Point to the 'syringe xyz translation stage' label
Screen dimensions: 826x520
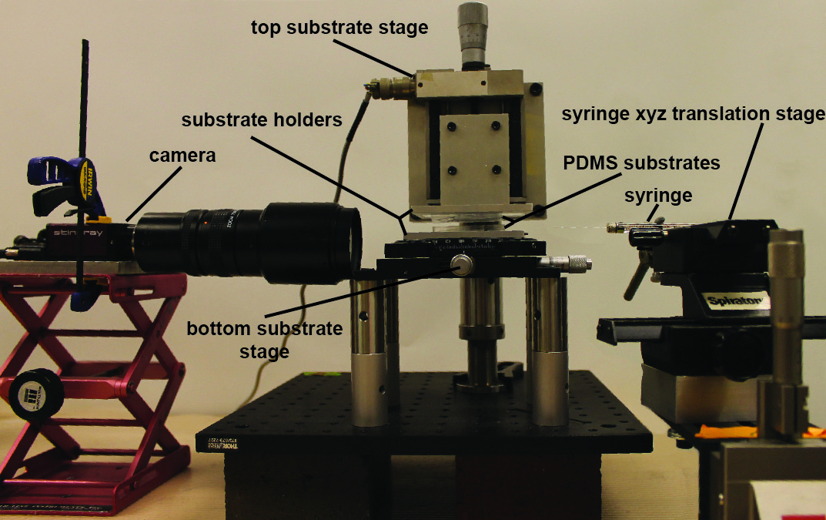click(x=693, y=116)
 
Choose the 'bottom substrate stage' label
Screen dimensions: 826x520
click(x=264, y=340)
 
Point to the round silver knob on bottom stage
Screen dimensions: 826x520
click(x=461, y=265)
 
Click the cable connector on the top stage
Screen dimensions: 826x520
click(x=392, y=87)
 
